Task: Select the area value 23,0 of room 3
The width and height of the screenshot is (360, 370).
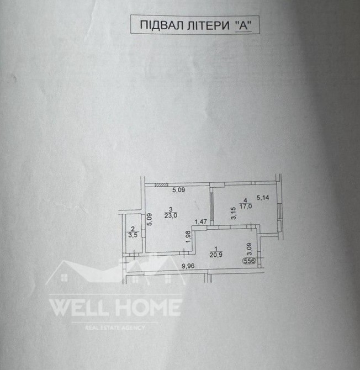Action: point(171,215)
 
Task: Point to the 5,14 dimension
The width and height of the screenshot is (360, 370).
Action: point(263,198)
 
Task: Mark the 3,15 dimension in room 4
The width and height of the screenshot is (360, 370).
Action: point(234,213)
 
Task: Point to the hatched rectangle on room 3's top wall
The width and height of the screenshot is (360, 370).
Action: point(161,186)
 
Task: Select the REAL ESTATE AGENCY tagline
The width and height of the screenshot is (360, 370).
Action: point(115,327)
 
